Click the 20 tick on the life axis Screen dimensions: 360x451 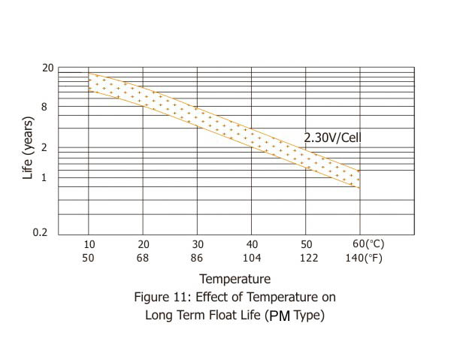pyautogui.click(x=47, y=68)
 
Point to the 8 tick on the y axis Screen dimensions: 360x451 pyautogui.click(x=44, y=107)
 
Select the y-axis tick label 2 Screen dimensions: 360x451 pyautogui.click(x=44, y=147)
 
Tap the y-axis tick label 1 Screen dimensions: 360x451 pyautogui.click(x=44, y=177)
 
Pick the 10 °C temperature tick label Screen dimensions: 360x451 pyautogui.click(x=89, y=244)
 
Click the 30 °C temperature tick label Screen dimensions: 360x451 pyautogui.click(x=198, y=244)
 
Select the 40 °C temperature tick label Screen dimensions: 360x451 pyautogui.click(x=252, y=244)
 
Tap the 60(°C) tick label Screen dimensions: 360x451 pyautogui.click(x=368, y=244)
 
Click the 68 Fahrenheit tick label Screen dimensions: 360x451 pyautogui.click(x=144, y=258)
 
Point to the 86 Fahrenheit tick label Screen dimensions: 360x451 pyautogui.click(x=198, y=258)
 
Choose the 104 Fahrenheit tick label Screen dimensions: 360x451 pyautogui.click(x=252, y=258)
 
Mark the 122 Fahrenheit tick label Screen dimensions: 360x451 pyautogui.click(x=306, y=258)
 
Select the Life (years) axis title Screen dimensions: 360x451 pyautogui.click(x=28, y=147)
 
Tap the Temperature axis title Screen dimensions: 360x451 pyautogui.click(x=235, y=280)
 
